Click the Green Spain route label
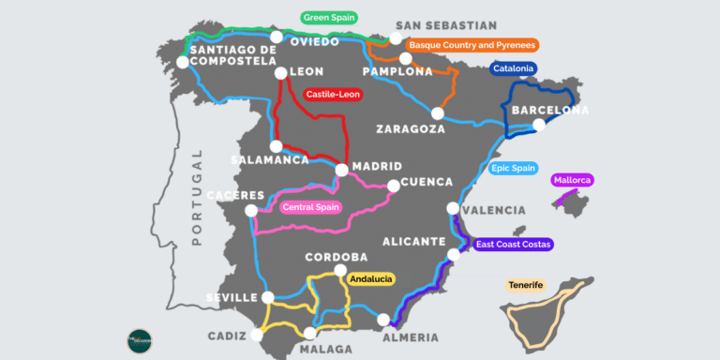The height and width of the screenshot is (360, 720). pos(330,17)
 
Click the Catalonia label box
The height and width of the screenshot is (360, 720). pos(513,68)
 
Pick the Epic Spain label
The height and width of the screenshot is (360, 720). pos(514,169)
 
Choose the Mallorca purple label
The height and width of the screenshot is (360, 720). pos(573,180)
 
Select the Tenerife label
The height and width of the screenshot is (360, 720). pos(525,285)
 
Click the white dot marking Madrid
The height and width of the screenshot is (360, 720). pos(342,171)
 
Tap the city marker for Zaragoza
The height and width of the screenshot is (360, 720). pos(437,113)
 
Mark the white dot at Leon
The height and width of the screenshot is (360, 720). pos(280,73)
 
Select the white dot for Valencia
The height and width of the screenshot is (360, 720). pos(454,208)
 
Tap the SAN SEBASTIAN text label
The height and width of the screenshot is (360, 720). pos(446,25)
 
